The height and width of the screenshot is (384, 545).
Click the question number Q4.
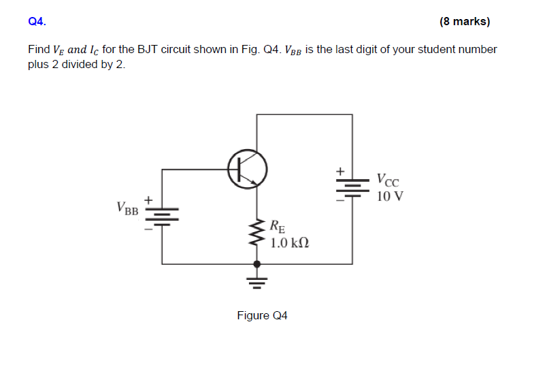pos(37,22)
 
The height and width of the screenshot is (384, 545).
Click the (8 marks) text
pos(465,22)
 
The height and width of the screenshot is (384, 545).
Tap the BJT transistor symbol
pos(246,168)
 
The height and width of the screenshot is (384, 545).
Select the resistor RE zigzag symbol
pos(257,234)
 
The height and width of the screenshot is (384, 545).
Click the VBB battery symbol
pos(162,215)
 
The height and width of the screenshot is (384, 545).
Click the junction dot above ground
pos(257,263)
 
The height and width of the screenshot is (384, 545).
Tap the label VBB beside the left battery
pos(127,208)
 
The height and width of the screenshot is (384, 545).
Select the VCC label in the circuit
pos(389,181)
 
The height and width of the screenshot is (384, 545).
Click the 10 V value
pos(389,197)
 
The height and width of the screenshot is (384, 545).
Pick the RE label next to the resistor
pos(278,226)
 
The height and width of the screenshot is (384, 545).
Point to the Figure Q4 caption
pos(262,316)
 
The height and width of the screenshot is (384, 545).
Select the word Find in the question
pos(39,50)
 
